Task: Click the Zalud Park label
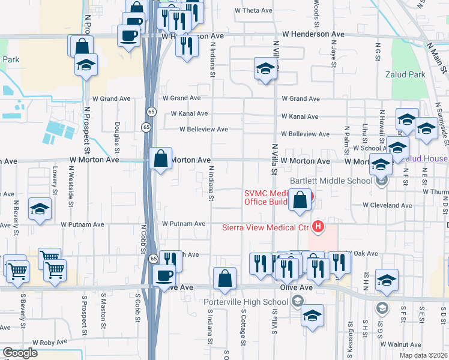point(406,75)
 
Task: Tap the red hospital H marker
point(318,227)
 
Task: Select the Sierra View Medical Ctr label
point(265,227)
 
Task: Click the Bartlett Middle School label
point(331,181)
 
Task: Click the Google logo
point(20,353)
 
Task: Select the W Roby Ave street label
point(50,341)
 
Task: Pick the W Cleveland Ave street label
point(387,205)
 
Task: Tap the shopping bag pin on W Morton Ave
point(161,160)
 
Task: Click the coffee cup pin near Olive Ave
point(164,276)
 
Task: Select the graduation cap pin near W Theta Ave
point(264,70)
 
